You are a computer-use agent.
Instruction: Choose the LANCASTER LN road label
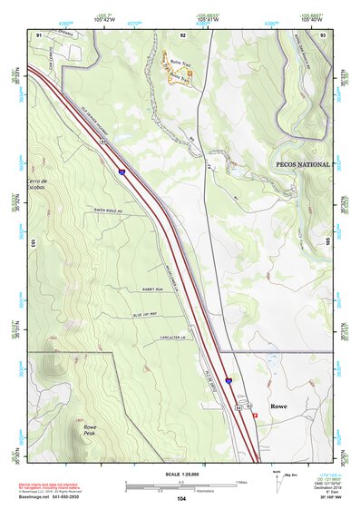(169, 334)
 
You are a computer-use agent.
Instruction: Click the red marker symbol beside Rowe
(267, 416)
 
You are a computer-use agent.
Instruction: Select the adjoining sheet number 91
(38, 34)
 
